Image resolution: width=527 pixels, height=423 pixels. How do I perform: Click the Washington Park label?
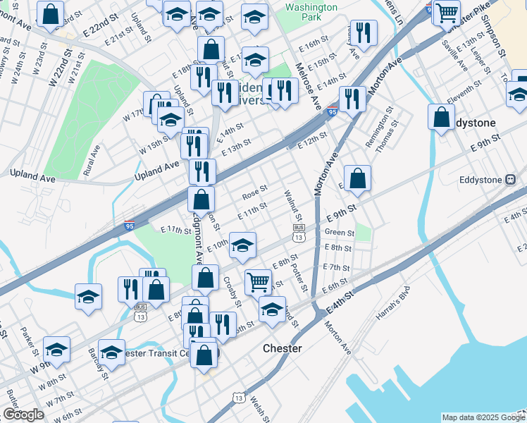click(311, 13)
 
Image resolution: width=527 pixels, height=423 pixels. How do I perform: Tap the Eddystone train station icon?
click(512, 180)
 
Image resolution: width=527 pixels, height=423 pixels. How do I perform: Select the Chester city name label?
click(282, 348)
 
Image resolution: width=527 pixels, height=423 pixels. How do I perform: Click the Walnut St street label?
click(292, 204)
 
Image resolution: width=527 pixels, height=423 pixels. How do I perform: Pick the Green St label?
click(339, 232)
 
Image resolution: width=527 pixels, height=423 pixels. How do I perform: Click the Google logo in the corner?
click(23, 415)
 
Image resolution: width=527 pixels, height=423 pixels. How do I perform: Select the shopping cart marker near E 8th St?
click(259, 281)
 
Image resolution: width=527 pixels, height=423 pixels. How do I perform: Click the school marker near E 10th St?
click(243, 245)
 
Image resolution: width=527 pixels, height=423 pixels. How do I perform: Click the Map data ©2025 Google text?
click(483, 417)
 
